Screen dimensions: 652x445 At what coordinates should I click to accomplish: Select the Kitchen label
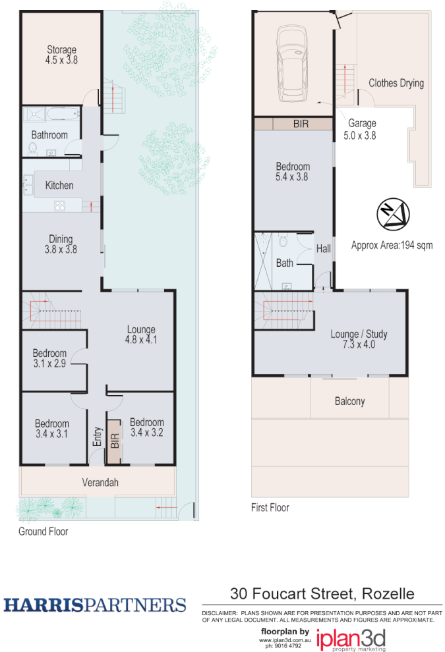(59, 185)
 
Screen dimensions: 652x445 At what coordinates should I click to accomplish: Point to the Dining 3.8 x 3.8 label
(61, 244)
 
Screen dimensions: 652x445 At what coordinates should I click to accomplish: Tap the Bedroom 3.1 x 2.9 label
(50, 358)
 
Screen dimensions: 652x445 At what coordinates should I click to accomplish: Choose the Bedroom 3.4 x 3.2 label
(146, 427)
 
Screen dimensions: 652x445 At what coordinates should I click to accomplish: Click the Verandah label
(100, 483)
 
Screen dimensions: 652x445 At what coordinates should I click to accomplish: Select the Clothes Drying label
(396, 83)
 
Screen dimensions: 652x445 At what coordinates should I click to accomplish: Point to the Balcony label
(349, 401)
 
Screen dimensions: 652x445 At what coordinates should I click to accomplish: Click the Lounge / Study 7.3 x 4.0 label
(359, 339)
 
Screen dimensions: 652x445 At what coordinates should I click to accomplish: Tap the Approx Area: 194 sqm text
(392, 246)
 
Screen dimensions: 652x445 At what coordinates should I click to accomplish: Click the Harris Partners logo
(95, 605)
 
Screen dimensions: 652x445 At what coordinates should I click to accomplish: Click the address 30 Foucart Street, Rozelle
(322, 593)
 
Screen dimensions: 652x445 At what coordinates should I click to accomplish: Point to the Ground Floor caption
(43, 531)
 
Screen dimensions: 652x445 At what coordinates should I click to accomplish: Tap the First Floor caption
(270, 507)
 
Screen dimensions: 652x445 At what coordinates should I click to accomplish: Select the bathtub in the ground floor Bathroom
(63, 114)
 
